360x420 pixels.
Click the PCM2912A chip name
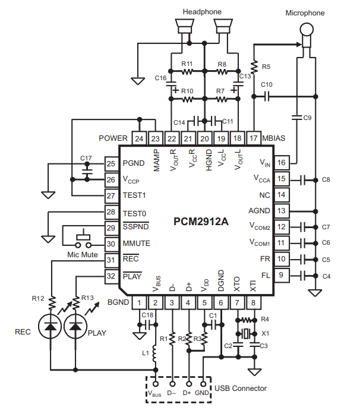[201, 223]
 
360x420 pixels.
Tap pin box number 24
[139, 138]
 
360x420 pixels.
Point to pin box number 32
[110, 276]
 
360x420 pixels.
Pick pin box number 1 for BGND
[139, 303]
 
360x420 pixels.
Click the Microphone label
[306, 12]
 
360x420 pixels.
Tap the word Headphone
[203, 11]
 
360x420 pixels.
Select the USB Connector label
[241, 389]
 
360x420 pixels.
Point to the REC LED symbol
[50, 326]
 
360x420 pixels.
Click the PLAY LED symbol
[75, 326]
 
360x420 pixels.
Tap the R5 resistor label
[266, 67]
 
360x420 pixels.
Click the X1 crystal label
[265, 333]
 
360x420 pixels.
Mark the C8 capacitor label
[326, 179]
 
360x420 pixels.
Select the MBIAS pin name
[274, 138]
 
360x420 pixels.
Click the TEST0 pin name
[134, 212]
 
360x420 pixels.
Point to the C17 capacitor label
[86, 157]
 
